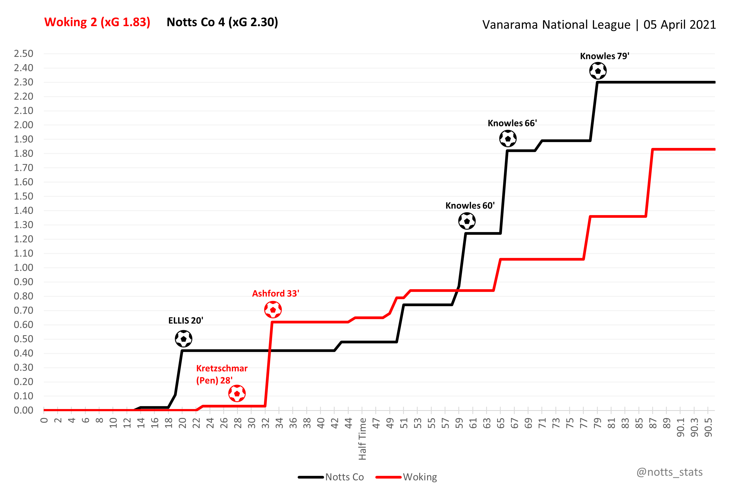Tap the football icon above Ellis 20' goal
[x=184, y=339]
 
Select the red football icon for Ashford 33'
[x=273, y=310]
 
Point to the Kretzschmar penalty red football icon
[x=237, y=394]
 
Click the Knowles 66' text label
[x=512, y=123]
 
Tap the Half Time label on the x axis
[x=362, y=439]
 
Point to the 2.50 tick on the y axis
[x=24, y=54]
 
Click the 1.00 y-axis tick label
[x=24, y=268]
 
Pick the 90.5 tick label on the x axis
[x=708, y=428]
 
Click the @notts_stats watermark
[x=669, y=472]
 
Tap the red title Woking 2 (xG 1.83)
[x=97, y=22]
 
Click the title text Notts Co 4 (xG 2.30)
[x=222, y=22]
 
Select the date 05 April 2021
[x=679, y=25]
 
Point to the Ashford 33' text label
[x=276, y=293]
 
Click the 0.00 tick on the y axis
[x=24, y=410]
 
